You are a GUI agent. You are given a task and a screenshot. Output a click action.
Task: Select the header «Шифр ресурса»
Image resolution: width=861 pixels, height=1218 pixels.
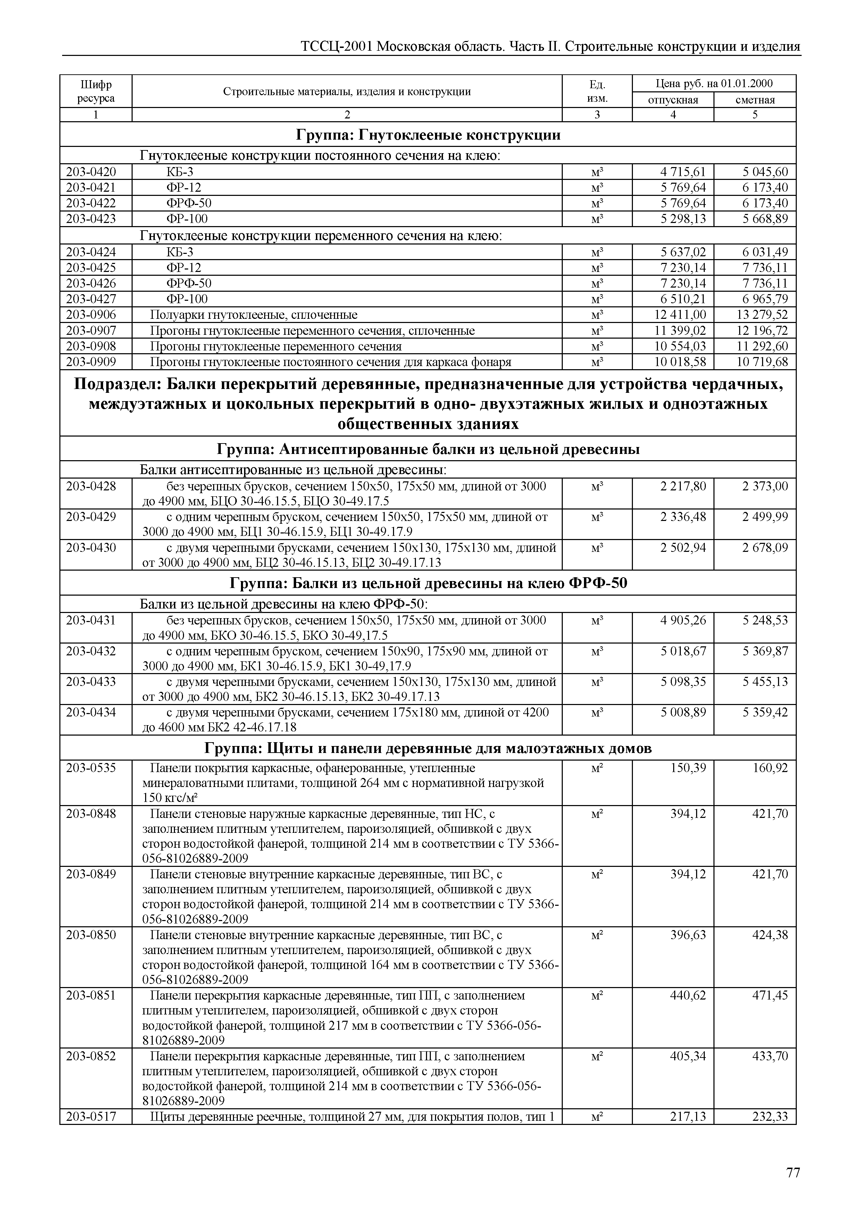click(x=96, y=91)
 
